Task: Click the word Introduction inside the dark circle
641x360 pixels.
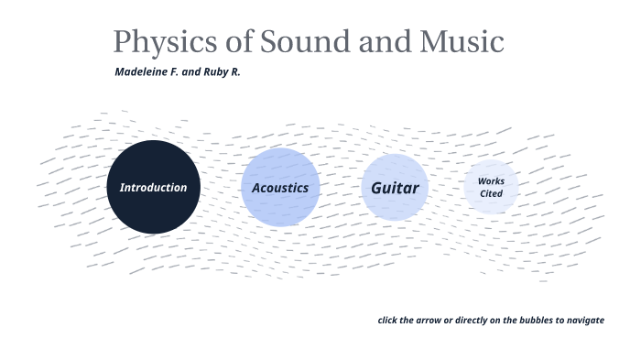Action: point(153,188)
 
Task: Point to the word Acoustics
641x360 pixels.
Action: point(280,188)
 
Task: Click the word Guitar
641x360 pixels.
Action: point(395,188)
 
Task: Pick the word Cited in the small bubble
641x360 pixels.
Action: point(491,193)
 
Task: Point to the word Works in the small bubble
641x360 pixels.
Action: point(491,181)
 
